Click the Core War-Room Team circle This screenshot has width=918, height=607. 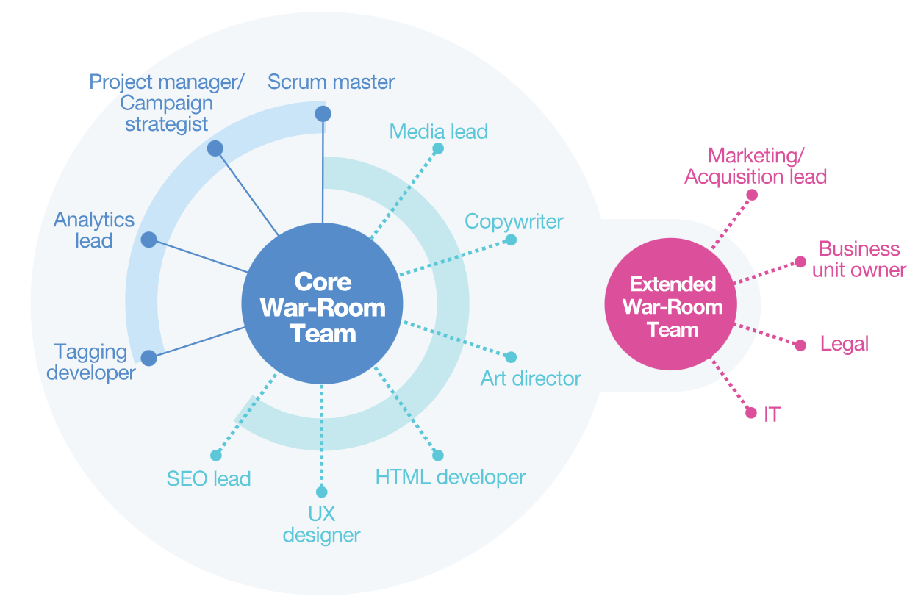coord(322,303)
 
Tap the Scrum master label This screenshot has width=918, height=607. coord(331,82)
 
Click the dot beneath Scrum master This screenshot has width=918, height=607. coord(323,114)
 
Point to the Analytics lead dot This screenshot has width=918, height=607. coord(148,240)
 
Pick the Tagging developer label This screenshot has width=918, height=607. coord(91,362)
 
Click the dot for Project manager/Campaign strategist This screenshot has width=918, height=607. coord(215,148)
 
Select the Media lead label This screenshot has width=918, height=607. coord(438,132)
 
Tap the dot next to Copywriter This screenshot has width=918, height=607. coord(511,240)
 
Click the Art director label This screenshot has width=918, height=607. coord(531,378)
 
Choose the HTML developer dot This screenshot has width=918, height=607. coord(438,455)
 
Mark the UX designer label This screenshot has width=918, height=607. coord(321,524)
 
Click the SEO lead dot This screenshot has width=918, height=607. coord(215,455)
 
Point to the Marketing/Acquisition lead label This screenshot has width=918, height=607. coord(756,166)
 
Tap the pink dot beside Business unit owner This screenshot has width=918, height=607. coord(800,262)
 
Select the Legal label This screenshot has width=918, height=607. coord(845,344)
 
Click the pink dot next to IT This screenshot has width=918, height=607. coord(750,413)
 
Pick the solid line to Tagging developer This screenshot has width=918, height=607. coord(197,342)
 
